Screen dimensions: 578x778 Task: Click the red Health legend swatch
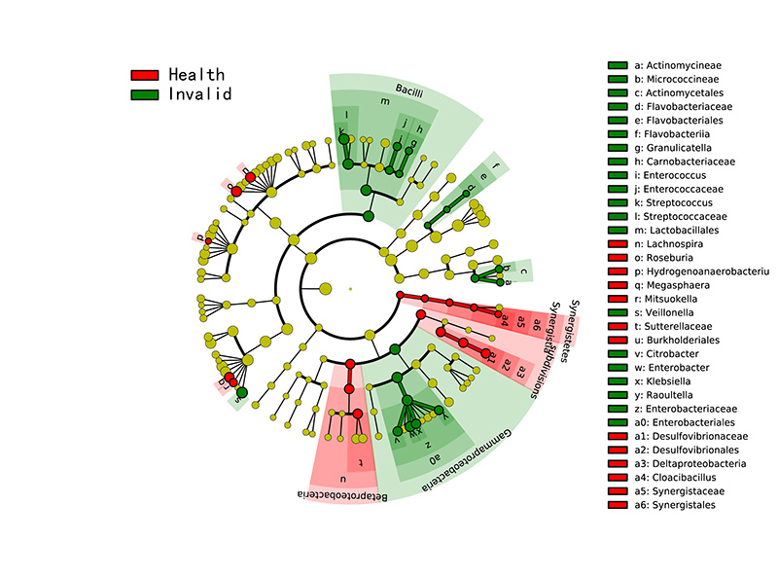(144, 75)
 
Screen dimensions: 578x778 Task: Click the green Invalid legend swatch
(144, 94)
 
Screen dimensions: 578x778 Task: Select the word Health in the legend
(195, 75)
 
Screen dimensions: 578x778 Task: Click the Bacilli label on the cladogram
(408, 90)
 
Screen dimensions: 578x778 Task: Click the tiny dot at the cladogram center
(350, 287)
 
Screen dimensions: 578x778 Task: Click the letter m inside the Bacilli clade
(385, 101)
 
